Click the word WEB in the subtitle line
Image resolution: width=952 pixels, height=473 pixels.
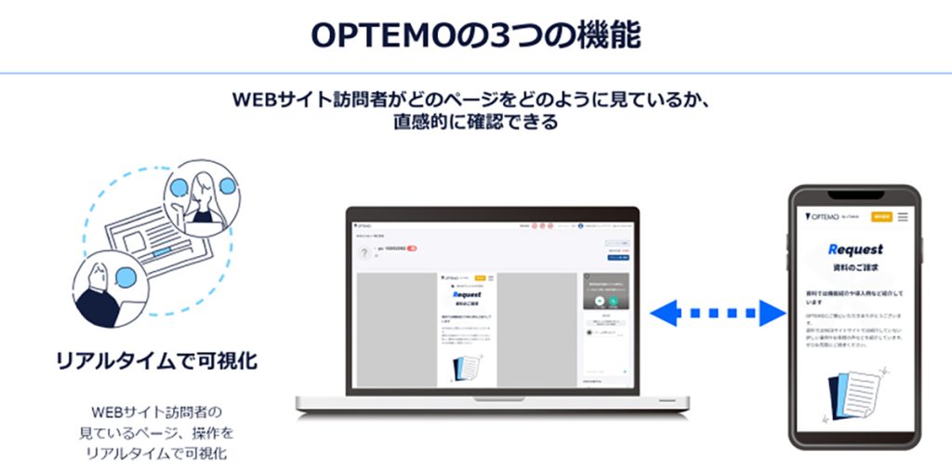(x=254, y=99)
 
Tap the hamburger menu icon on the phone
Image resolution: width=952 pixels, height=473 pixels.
(x=902, y=216)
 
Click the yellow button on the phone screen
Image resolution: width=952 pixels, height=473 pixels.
(x=880, y=216)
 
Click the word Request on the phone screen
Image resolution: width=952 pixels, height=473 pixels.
(x=854, y=249)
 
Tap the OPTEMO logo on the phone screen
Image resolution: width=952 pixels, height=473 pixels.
(x=823, y=216)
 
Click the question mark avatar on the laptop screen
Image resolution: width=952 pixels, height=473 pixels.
(x=364, y=254)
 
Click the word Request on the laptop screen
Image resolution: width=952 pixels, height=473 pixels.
(x=467, y=294)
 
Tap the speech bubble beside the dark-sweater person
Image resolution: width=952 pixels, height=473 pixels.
(x=126, y=277)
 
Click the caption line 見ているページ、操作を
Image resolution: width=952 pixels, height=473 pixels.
(x=157, y=432)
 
